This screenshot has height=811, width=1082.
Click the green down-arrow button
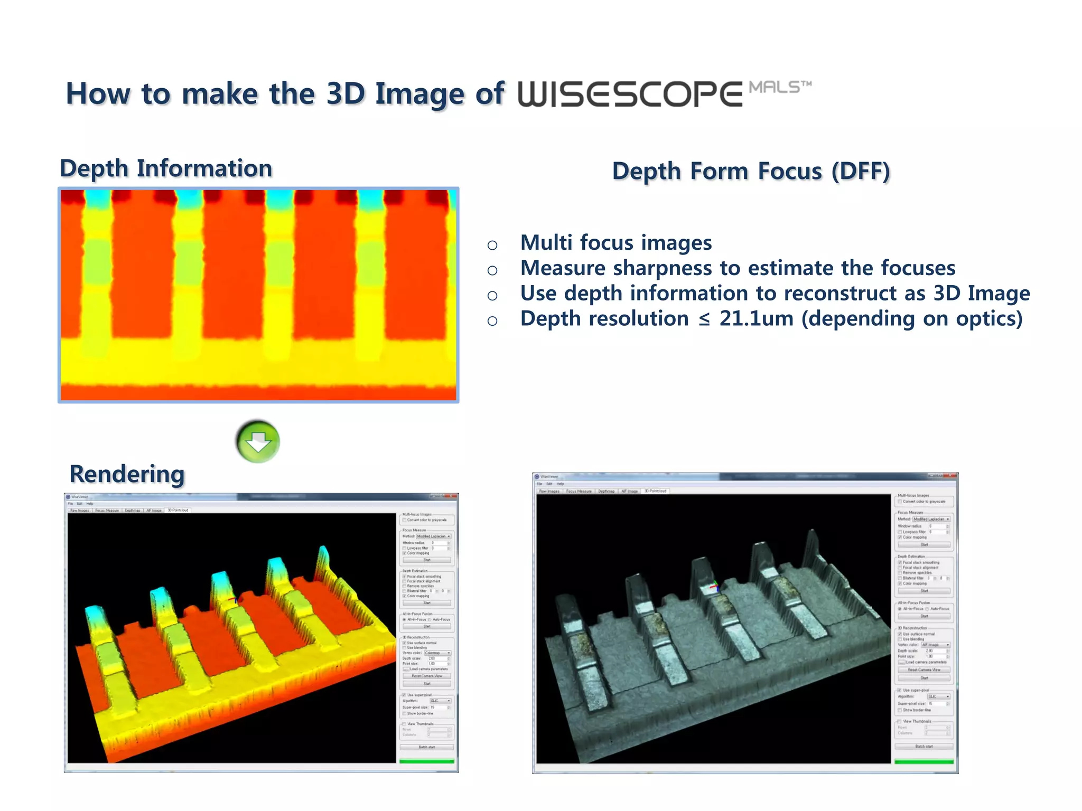click(x=258, y=441)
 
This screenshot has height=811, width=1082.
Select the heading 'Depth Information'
click(x=166, y=169)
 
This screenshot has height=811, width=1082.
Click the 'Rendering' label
click(x=127, y=474)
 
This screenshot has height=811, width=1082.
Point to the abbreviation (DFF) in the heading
click(x=861, y=172)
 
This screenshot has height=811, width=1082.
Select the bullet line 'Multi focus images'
click(x=615, y=243)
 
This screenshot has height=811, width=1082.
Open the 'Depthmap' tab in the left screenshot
click(x=133, y=511)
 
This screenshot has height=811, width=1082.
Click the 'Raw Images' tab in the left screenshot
click(x=80, y=511)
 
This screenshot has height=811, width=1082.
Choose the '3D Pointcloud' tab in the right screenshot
click(x=656, y=491)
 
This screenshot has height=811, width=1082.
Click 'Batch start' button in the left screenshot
click(x=426, y=747)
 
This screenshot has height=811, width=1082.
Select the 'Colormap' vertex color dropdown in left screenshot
click(x=437, y=653)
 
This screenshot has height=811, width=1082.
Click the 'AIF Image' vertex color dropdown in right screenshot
click(x=936, y=645)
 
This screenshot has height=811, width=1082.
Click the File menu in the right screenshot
click(x=539, y=484)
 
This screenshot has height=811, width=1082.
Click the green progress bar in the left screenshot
click(x=426, y=761)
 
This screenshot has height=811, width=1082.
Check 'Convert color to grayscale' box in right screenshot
click(x=900, y=502)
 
